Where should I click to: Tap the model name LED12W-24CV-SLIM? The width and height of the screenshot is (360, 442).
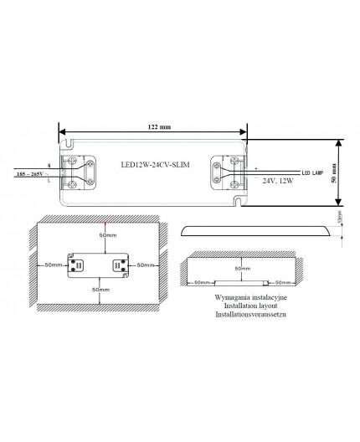point(156,166)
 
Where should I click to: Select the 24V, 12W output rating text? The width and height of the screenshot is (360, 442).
point(276,181)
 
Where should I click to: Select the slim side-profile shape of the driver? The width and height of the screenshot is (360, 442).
point(254,231)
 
